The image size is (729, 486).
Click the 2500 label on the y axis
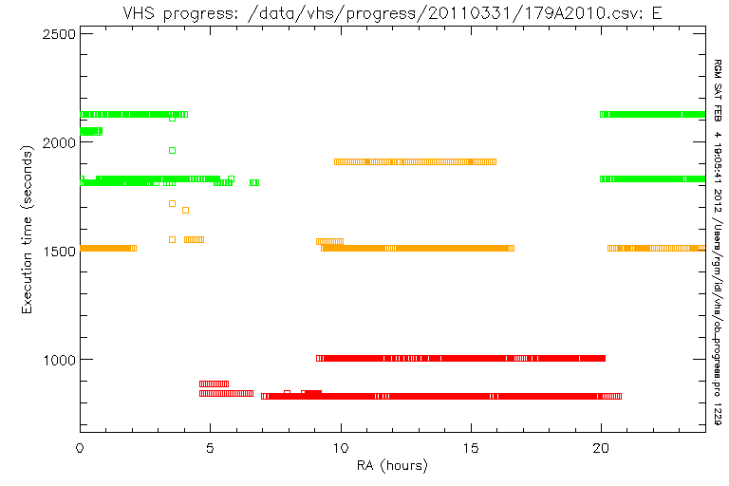pos(59,34)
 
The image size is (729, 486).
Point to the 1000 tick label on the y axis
pos(59,360)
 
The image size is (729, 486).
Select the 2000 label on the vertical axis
pos(59,142)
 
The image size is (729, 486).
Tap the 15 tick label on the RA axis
pos(471,448)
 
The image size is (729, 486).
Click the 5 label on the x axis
pos(210,448)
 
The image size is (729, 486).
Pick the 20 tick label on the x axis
pos(601,448)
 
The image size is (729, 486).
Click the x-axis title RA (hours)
pos(392,465)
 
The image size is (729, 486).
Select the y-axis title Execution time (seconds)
pos(28,230)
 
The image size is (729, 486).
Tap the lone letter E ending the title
pos(657,13)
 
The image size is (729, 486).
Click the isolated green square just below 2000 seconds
pos(172,150)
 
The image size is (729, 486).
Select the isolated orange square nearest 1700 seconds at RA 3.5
pos(172,204)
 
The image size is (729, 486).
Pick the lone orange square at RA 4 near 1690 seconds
pos(185,210)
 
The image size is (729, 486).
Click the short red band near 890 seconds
pos(214,383)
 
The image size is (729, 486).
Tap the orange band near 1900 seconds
pos(415,162)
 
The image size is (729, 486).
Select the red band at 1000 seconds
pos(460,358)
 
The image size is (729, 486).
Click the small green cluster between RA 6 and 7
pos(254,183)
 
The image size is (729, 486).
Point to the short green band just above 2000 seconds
pos(91,131)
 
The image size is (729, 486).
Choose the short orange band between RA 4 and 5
pos(194,239)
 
